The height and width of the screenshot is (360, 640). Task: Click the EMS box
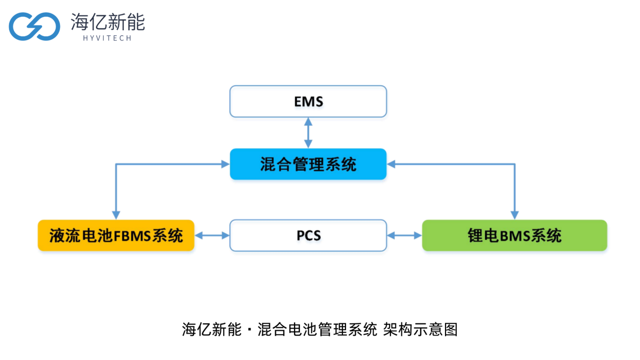308,101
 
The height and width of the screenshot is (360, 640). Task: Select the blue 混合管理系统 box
308,164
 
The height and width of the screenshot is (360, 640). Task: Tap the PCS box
308,235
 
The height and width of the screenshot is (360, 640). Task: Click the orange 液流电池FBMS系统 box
116,235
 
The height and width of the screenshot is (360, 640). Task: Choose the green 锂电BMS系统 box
514,235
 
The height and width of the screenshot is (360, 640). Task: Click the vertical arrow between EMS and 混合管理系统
308,133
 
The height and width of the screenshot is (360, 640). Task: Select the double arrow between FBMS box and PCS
212,235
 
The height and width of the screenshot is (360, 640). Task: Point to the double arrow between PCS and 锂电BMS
404,235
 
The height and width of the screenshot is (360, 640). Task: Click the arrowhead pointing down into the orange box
116,214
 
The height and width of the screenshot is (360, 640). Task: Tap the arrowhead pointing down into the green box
514,214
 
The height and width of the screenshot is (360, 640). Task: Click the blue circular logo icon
34,26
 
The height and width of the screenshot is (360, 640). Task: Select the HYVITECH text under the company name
108,38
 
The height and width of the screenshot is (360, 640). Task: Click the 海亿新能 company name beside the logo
108,22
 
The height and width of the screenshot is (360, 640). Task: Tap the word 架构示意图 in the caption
420,330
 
